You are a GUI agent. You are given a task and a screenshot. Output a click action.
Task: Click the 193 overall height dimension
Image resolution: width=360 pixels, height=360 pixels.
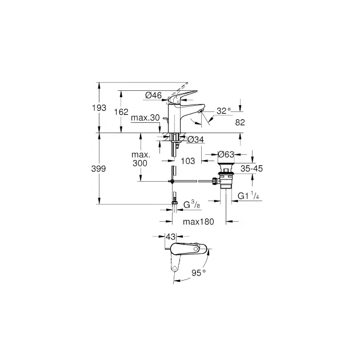click(x=99, y=107)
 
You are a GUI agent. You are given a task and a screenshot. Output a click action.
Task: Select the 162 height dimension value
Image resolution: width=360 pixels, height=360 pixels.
click(x=121, y=112)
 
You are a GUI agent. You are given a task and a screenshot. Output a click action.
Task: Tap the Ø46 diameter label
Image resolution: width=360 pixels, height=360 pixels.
click(x=153, y=95)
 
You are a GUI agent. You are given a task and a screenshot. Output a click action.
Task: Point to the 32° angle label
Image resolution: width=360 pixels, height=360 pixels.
click(x=223, y=111)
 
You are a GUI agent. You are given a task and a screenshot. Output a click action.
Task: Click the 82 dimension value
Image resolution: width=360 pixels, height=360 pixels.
click(x=240, y=122)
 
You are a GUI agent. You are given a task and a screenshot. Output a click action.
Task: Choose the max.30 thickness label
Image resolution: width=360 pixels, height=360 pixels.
click(x=145, y=118)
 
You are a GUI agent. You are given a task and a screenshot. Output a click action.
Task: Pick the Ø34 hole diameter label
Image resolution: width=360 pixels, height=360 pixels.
click(x=195, y=139)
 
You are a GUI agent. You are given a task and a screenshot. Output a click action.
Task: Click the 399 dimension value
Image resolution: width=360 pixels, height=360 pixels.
click(x=98, y=169)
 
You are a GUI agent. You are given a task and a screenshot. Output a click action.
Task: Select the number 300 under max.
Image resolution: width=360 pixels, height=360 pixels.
click(x=140, y=163)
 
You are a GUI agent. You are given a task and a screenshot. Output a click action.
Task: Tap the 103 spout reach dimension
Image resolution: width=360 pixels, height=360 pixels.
click(x=188, y=161)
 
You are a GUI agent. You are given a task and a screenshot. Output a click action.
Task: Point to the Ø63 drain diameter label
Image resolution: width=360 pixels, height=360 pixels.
click(x=226, y=154)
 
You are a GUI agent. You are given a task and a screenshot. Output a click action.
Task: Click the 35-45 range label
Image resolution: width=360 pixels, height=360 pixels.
click(x=251, y=169)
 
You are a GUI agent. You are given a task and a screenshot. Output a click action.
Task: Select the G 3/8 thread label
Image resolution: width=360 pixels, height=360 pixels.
click(x=191, y=205)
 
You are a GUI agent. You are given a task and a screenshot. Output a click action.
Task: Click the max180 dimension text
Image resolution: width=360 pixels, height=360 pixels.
click(x=198, y=222)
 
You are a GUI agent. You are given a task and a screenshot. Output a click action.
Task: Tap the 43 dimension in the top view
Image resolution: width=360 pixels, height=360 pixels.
click(x=170, y=237)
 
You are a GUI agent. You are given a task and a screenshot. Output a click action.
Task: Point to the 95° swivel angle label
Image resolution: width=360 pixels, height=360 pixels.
click(x=199, y=273)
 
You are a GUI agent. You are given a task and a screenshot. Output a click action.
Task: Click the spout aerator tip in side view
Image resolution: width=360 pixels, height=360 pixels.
click(x=201, y=111)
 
